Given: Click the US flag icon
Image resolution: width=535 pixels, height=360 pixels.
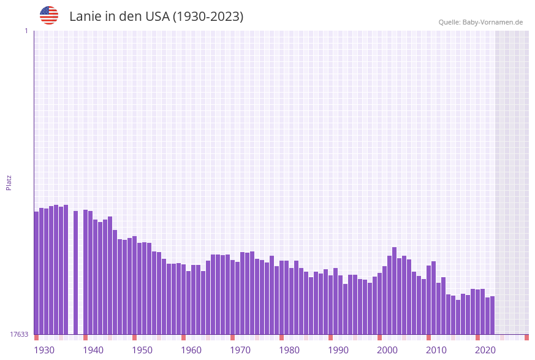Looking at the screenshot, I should point(49,15).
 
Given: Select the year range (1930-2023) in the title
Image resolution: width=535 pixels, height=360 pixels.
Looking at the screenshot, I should point(208,17).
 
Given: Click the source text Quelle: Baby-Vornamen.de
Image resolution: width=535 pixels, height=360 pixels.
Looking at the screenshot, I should point(480,22).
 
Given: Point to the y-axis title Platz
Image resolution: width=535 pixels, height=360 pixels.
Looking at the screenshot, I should point(9,182).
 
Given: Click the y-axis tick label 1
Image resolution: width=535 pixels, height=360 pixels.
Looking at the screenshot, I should point(26,31).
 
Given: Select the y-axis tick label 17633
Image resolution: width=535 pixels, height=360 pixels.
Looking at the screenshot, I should point(19,334).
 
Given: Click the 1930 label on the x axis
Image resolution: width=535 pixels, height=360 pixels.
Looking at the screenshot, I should point(44,350).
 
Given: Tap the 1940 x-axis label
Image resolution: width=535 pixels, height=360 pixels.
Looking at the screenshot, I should point(93,350).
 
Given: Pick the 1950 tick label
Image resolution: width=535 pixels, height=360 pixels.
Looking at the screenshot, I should point(142,350).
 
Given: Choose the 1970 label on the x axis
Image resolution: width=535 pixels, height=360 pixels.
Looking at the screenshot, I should point(240,350).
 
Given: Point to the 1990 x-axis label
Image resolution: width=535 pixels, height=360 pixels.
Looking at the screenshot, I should point(338,350).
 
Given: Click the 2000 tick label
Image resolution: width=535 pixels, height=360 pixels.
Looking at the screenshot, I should point(387,350).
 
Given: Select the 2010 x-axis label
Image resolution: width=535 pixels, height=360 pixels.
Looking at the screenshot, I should point(436,350).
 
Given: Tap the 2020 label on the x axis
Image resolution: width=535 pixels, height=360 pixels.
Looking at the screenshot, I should point(485,350).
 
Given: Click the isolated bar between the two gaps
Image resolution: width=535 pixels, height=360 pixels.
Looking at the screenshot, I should point(76,273).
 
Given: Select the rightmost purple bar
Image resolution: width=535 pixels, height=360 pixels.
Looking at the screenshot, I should point(492,315).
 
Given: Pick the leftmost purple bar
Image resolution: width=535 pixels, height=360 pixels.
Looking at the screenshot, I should point(36,273).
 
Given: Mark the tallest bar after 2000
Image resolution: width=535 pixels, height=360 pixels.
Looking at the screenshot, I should point(395,291).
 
